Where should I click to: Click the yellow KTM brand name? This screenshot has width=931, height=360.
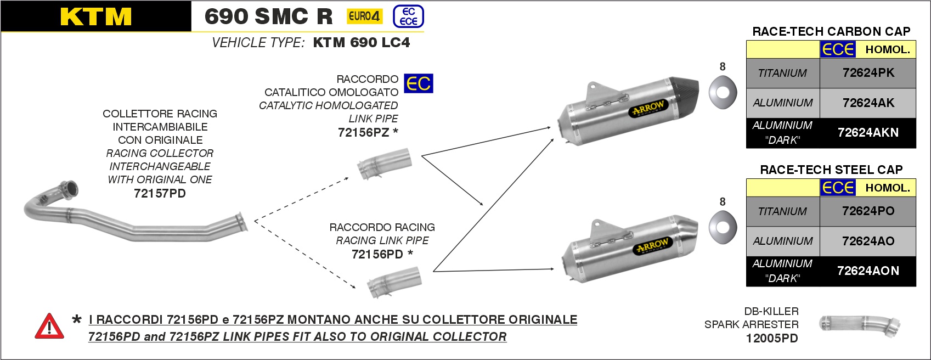click(96, 16)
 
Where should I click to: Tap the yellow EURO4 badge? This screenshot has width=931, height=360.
click(364, 16)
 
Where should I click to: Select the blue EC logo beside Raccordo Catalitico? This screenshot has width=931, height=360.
click(418, 83)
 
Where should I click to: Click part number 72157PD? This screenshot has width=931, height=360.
click(160, 193)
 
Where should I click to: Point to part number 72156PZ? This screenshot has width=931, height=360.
click(363, 132)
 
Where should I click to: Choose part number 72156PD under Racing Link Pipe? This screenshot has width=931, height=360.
click(377, 254)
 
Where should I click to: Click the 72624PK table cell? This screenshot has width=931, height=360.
click(868, 73)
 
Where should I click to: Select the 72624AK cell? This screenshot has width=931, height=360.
click(868, 103)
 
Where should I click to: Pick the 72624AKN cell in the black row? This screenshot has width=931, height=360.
click(868, 132)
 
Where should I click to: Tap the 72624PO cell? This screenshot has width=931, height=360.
click(868, 211)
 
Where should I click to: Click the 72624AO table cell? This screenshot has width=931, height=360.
click(868, 241)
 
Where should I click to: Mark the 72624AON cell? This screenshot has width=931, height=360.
click(868, 271)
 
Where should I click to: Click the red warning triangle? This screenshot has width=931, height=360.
click(49, 327)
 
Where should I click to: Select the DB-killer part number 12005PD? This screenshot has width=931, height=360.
click(771, 338)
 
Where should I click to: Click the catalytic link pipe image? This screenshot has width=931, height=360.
click(384, 164)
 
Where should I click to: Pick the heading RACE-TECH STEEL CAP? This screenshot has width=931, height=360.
click(831, 170)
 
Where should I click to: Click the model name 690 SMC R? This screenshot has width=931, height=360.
click(268, 16)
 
